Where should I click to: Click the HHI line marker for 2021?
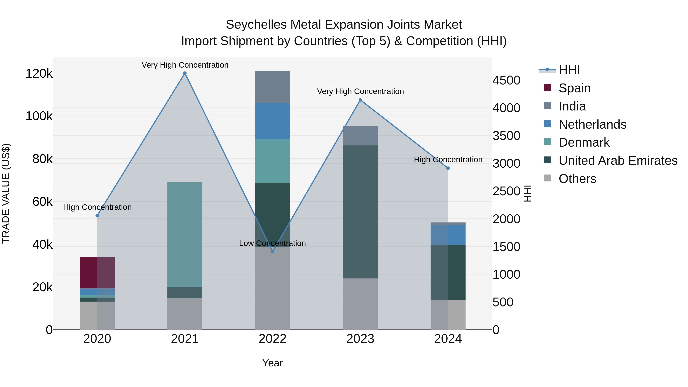(185, 73)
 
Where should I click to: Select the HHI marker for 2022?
(272, 252)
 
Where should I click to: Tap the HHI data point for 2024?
(448, 168)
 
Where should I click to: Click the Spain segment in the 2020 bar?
(97, 272)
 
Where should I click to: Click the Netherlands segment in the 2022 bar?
(272, 121)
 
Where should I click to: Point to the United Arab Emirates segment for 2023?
(360, 212)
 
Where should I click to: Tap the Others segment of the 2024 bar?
(448, 314)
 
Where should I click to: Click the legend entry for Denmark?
(584, 142)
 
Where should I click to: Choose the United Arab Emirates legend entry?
(618, 161)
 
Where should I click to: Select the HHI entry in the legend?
(569, 70)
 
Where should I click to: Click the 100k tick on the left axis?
(39, 116)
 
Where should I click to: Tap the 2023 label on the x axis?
(360, 339)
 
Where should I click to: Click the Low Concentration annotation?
(272, 243)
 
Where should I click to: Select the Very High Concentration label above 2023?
(360, 91)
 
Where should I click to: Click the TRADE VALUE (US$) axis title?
(6, 193)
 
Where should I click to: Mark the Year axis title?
(272, 363)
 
